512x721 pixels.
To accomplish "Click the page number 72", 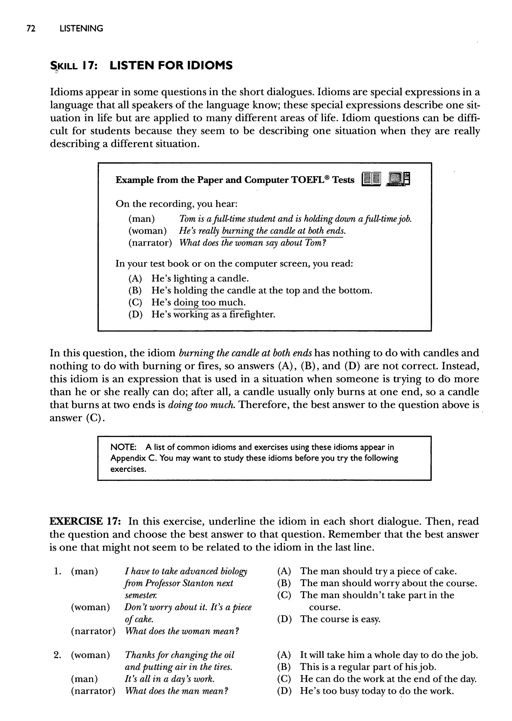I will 31,29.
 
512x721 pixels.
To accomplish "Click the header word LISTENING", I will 81,29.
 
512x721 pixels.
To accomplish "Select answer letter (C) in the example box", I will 135,302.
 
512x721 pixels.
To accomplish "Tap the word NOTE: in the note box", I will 123,447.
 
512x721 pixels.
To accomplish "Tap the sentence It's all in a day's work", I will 169,679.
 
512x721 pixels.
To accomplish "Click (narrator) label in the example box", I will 150,243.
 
